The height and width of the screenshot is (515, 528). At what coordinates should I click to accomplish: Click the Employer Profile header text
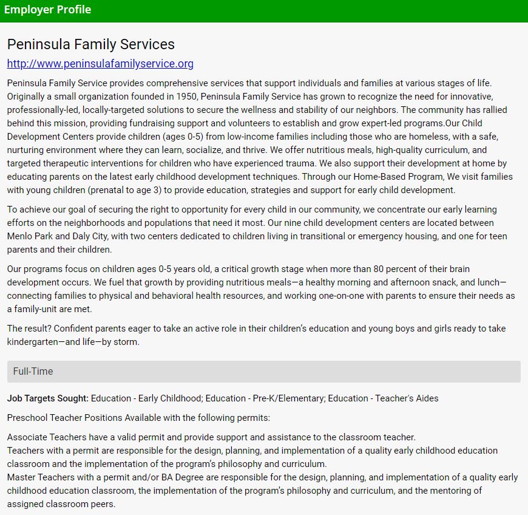tap(47, 10)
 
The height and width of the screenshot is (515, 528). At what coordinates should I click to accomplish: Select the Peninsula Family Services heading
tap(91, 44)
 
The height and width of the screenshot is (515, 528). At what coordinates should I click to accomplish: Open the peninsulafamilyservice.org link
tap(100, 64)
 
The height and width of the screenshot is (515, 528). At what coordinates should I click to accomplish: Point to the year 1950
tap(187, 97)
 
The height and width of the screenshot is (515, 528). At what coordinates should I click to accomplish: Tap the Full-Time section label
tap(33, 371)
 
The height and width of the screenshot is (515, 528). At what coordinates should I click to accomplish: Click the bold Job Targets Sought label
tap(48, 398)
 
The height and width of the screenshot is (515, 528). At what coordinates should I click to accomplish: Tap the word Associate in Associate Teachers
tap(27, 437)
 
